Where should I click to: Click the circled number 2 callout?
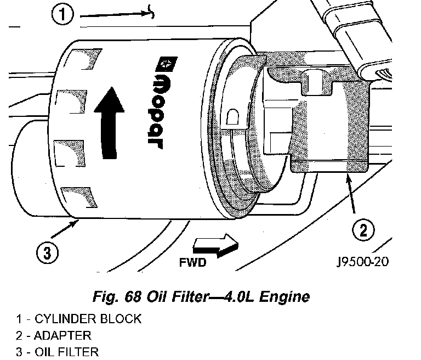coord(363,230)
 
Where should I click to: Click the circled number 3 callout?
coord(47,253)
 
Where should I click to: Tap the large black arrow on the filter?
coord(109,123)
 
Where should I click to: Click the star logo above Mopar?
coord(167,64)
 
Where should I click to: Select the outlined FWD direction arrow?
coord(215,245)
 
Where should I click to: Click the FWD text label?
coord(193,262)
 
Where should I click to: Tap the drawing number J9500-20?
coord(362,261)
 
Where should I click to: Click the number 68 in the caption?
coord(133,296)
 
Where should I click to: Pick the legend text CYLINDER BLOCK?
coord(88,319)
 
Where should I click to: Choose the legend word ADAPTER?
coord(62,336)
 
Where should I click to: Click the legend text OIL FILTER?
coord(66,352)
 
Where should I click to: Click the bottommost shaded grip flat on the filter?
coord(79,198)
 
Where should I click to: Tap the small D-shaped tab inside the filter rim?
coord(232,117)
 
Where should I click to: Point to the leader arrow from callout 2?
coord(351,194)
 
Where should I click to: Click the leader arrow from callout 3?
coord(65,229)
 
